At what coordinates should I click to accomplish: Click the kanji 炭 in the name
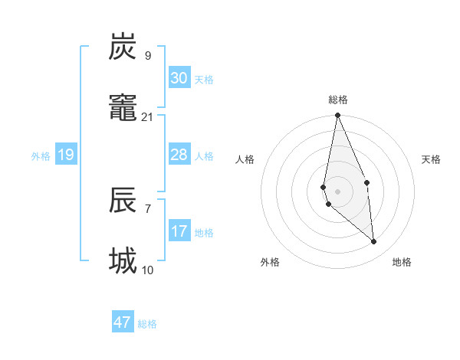pos(123,47)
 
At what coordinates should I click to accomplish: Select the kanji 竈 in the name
pos(123,110)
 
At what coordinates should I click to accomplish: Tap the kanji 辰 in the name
pos(123,201)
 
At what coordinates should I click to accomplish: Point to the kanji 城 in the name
pos(123,261)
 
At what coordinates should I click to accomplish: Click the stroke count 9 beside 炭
pos(147,55)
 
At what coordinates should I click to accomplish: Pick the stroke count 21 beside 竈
pos(147,117)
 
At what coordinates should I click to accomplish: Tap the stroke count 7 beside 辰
pos(147,208)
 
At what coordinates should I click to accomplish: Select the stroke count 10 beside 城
pos(147,270)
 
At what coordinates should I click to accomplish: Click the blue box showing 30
pos(179,78)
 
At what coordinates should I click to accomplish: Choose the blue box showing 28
pos(179,155)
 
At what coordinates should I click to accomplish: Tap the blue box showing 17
pos(179,231)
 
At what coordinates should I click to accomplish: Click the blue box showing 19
pos(65,155)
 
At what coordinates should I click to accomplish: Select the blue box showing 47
pos(123,322)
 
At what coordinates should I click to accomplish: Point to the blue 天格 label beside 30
pos(204,80)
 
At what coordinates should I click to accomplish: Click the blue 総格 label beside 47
pos(147,324)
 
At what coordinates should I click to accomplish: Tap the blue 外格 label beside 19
pos(41,156)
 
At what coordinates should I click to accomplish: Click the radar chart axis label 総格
pos(338,100)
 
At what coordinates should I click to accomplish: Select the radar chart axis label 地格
pos(402,262)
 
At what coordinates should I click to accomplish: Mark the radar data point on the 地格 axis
pos(374,242)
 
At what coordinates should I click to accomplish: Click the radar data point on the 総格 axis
pos(337,116)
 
